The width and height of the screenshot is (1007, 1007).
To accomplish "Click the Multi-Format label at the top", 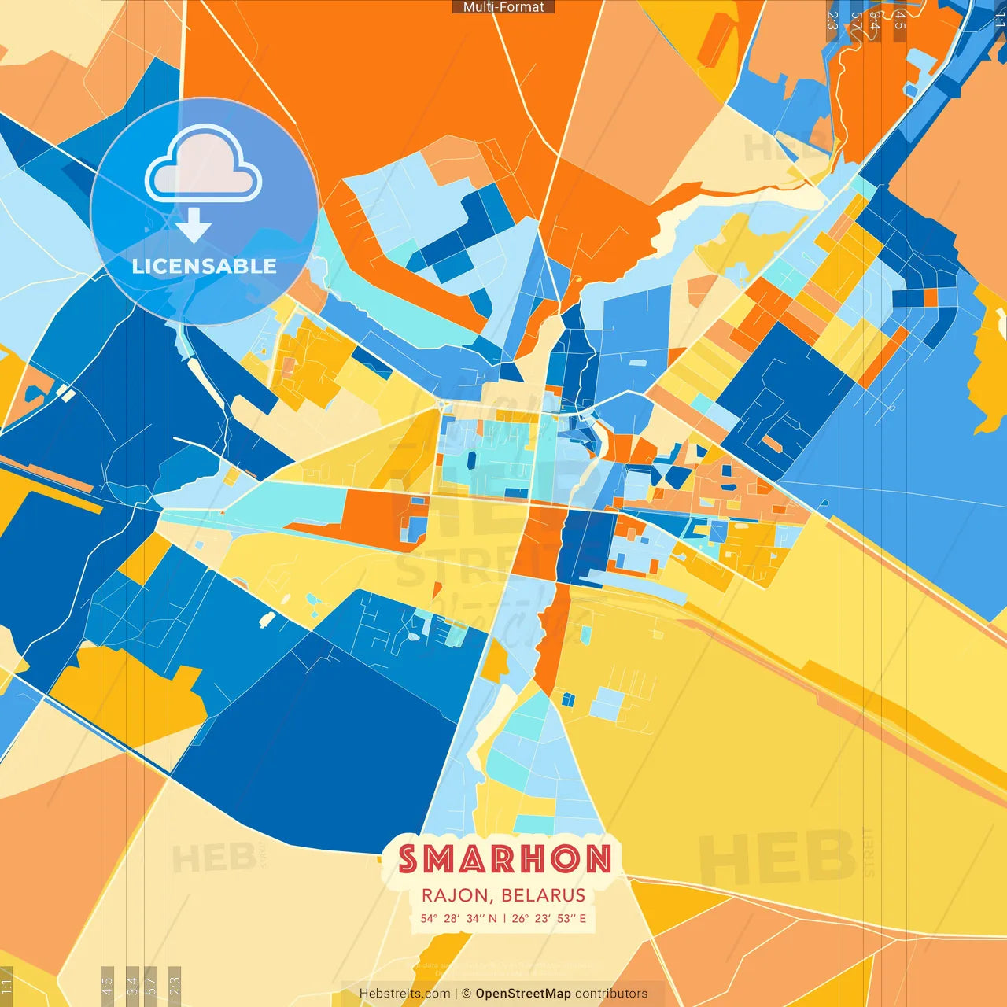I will point(503,7).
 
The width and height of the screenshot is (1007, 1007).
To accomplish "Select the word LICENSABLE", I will point(205,267).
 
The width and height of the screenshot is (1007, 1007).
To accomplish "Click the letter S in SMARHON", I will point(408,859).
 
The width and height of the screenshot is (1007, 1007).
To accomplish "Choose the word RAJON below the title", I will point(456,895).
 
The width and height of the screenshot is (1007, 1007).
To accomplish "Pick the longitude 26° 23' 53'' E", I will point(549,918).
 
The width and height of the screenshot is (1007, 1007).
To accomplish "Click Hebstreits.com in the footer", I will point(404,994).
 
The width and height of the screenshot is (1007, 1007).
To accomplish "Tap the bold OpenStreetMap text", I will point(523,994).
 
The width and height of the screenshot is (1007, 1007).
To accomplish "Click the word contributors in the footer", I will point(611,994).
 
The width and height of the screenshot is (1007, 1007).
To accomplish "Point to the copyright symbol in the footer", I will point(467,994).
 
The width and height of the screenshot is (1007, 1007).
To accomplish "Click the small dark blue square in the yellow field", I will point(568,699).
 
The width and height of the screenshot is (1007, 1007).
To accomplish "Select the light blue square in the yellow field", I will point(606,703).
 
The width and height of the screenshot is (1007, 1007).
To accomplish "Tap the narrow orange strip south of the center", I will point(553,637).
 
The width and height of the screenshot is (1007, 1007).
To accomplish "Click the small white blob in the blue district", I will point(267,620).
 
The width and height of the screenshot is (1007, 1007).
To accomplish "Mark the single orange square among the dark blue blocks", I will point(931,297).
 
